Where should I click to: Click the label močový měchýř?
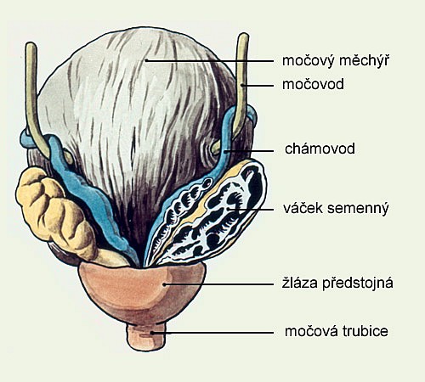[x=336, y=60]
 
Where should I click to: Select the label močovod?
[x=313, y=84]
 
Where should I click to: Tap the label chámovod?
[x=320, y=149]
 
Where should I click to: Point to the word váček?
[x=303, y=208]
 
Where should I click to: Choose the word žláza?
[x=301, y=283]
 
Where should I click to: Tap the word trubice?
[x=365, y=331]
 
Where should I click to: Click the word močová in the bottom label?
[x=312, y=331]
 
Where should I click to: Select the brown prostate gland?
[x=142, y=291]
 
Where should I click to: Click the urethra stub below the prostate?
[x=146, y=337]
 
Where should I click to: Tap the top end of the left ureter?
[x=31, y=44]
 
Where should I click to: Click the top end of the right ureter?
[x=243, y=35]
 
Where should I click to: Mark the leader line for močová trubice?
[x=212, y=333]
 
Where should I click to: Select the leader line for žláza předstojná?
[x=218, y=284]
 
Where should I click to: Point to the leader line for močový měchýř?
[x=210, y=60]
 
